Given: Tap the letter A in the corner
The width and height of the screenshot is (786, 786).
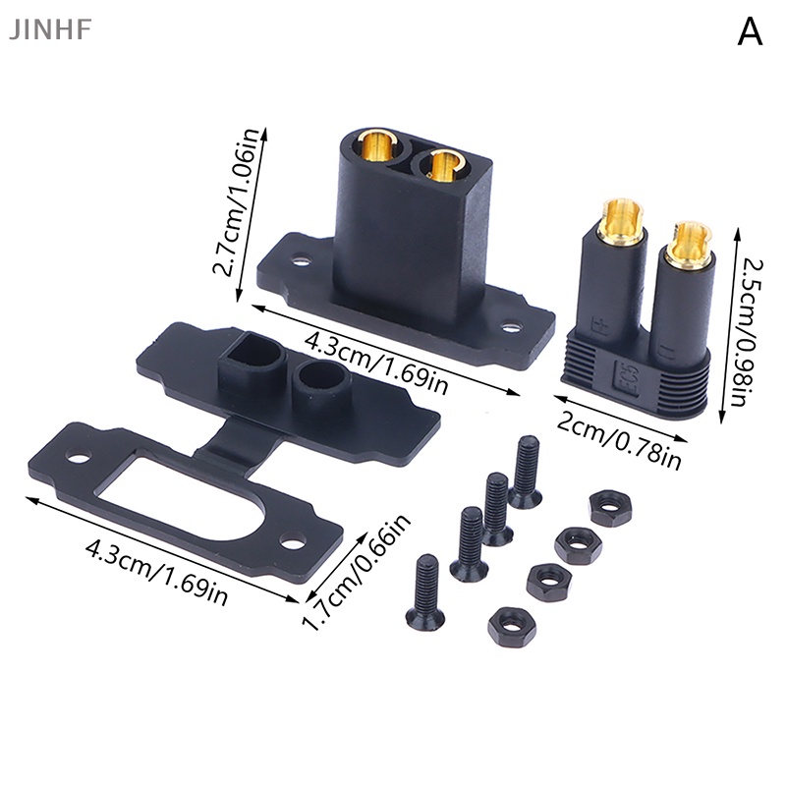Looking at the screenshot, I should pyautogui.click(x=750, y=33).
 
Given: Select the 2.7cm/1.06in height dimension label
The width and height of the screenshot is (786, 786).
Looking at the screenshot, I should pyautogui.click(x=238, y=207).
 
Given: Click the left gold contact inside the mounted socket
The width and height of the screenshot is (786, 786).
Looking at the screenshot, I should pyautogui.click(x=375, y=148).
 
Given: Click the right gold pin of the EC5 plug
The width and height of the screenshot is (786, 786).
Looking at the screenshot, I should pyautogui.click(x=687, y=243).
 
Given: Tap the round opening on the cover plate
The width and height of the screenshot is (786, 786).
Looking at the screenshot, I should pyautogui.click(x=319, y=374).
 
